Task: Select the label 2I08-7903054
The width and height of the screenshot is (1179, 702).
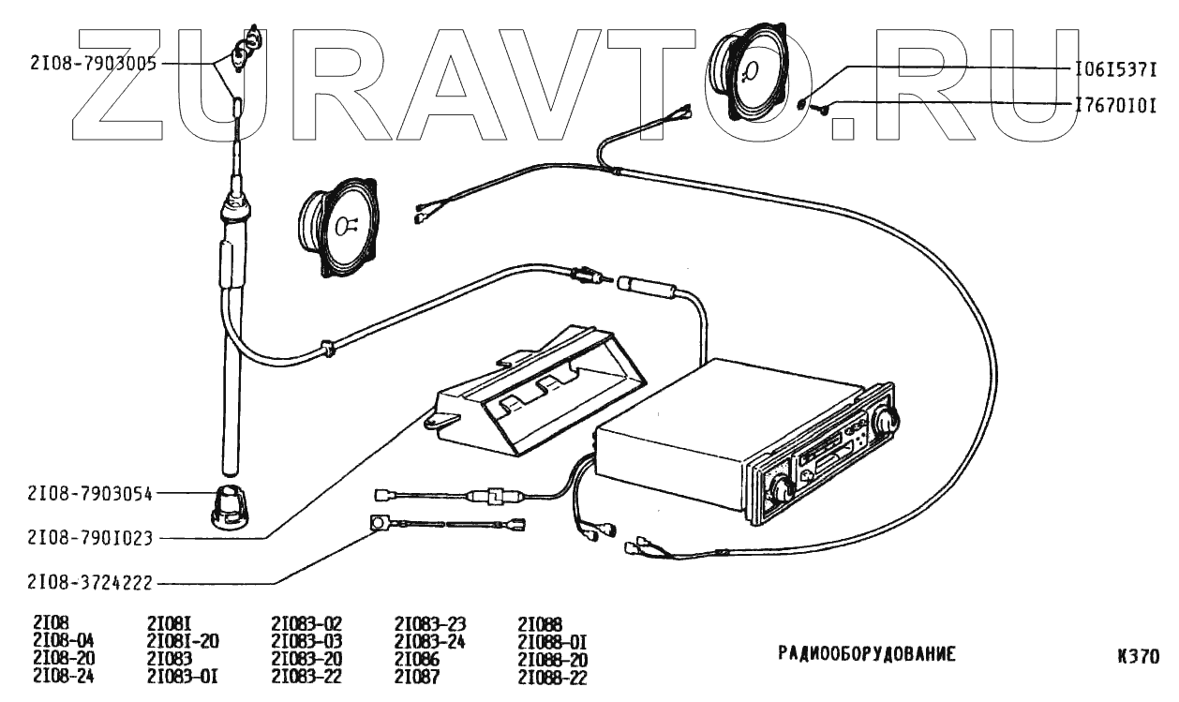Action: (x=92, y=492)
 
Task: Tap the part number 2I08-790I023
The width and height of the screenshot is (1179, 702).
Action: (x=92, y=539)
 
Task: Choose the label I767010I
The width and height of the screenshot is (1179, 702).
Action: (x=1115, y=105)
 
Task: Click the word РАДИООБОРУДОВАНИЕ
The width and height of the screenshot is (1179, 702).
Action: (x=866, y=653)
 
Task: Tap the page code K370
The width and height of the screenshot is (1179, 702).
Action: (x=1138, y=656)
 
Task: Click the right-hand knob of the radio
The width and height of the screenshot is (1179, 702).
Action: (x=884, y=422)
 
